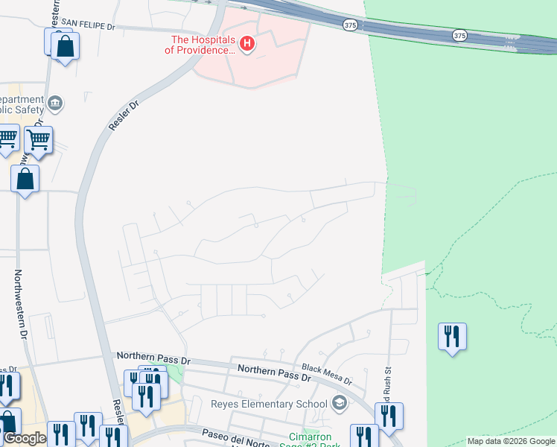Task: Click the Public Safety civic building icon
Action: pyautogui.click(x=54, y=101)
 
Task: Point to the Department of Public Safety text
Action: pyautogui.click(x=21, y=105)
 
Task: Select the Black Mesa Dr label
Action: pyautogui.click(x=326, y=374)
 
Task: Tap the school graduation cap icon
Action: pyautogui.click(x=340, y=404)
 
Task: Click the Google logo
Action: pyautogui.click(x=25, y=438)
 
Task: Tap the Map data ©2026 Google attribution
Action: pyautogui.click(x=511, y=441)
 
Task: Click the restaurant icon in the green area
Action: pyautogui.click(x=452, y=337)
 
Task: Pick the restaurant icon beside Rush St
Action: pyautogui.click(x=389, y=417)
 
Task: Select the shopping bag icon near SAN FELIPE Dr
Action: pyautogui.click(x=66, y=47)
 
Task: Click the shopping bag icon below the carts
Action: pyautogui.click(x=25, y=179)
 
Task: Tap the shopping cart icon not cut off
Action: pyautogui.click(x=38, y=139)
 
